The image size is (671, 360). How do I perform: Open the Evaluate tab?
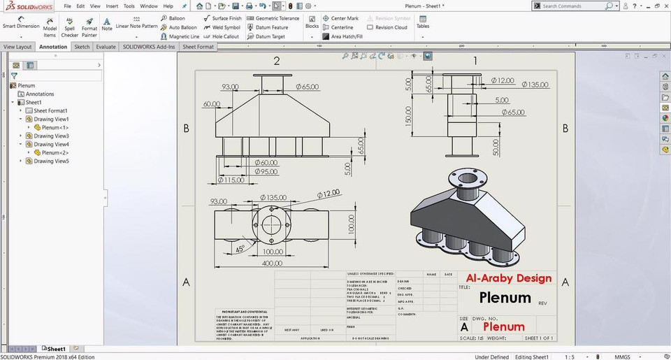[106, 47]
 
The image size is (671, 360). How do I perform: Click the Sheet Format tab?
[199, 47]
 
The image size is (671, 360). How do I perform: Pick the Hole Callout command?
[222, 36]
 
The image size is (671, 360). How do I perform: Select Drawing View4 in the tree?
[51, 144]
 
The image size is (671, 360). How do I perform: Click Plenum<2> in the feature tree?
[55, 152]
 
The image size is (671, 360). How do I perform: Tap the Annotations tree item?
[39, 94]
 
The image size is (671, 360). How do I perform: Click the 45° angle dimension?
[240, 247]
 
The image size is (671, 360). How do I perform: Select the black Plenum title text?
[505, 298]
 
